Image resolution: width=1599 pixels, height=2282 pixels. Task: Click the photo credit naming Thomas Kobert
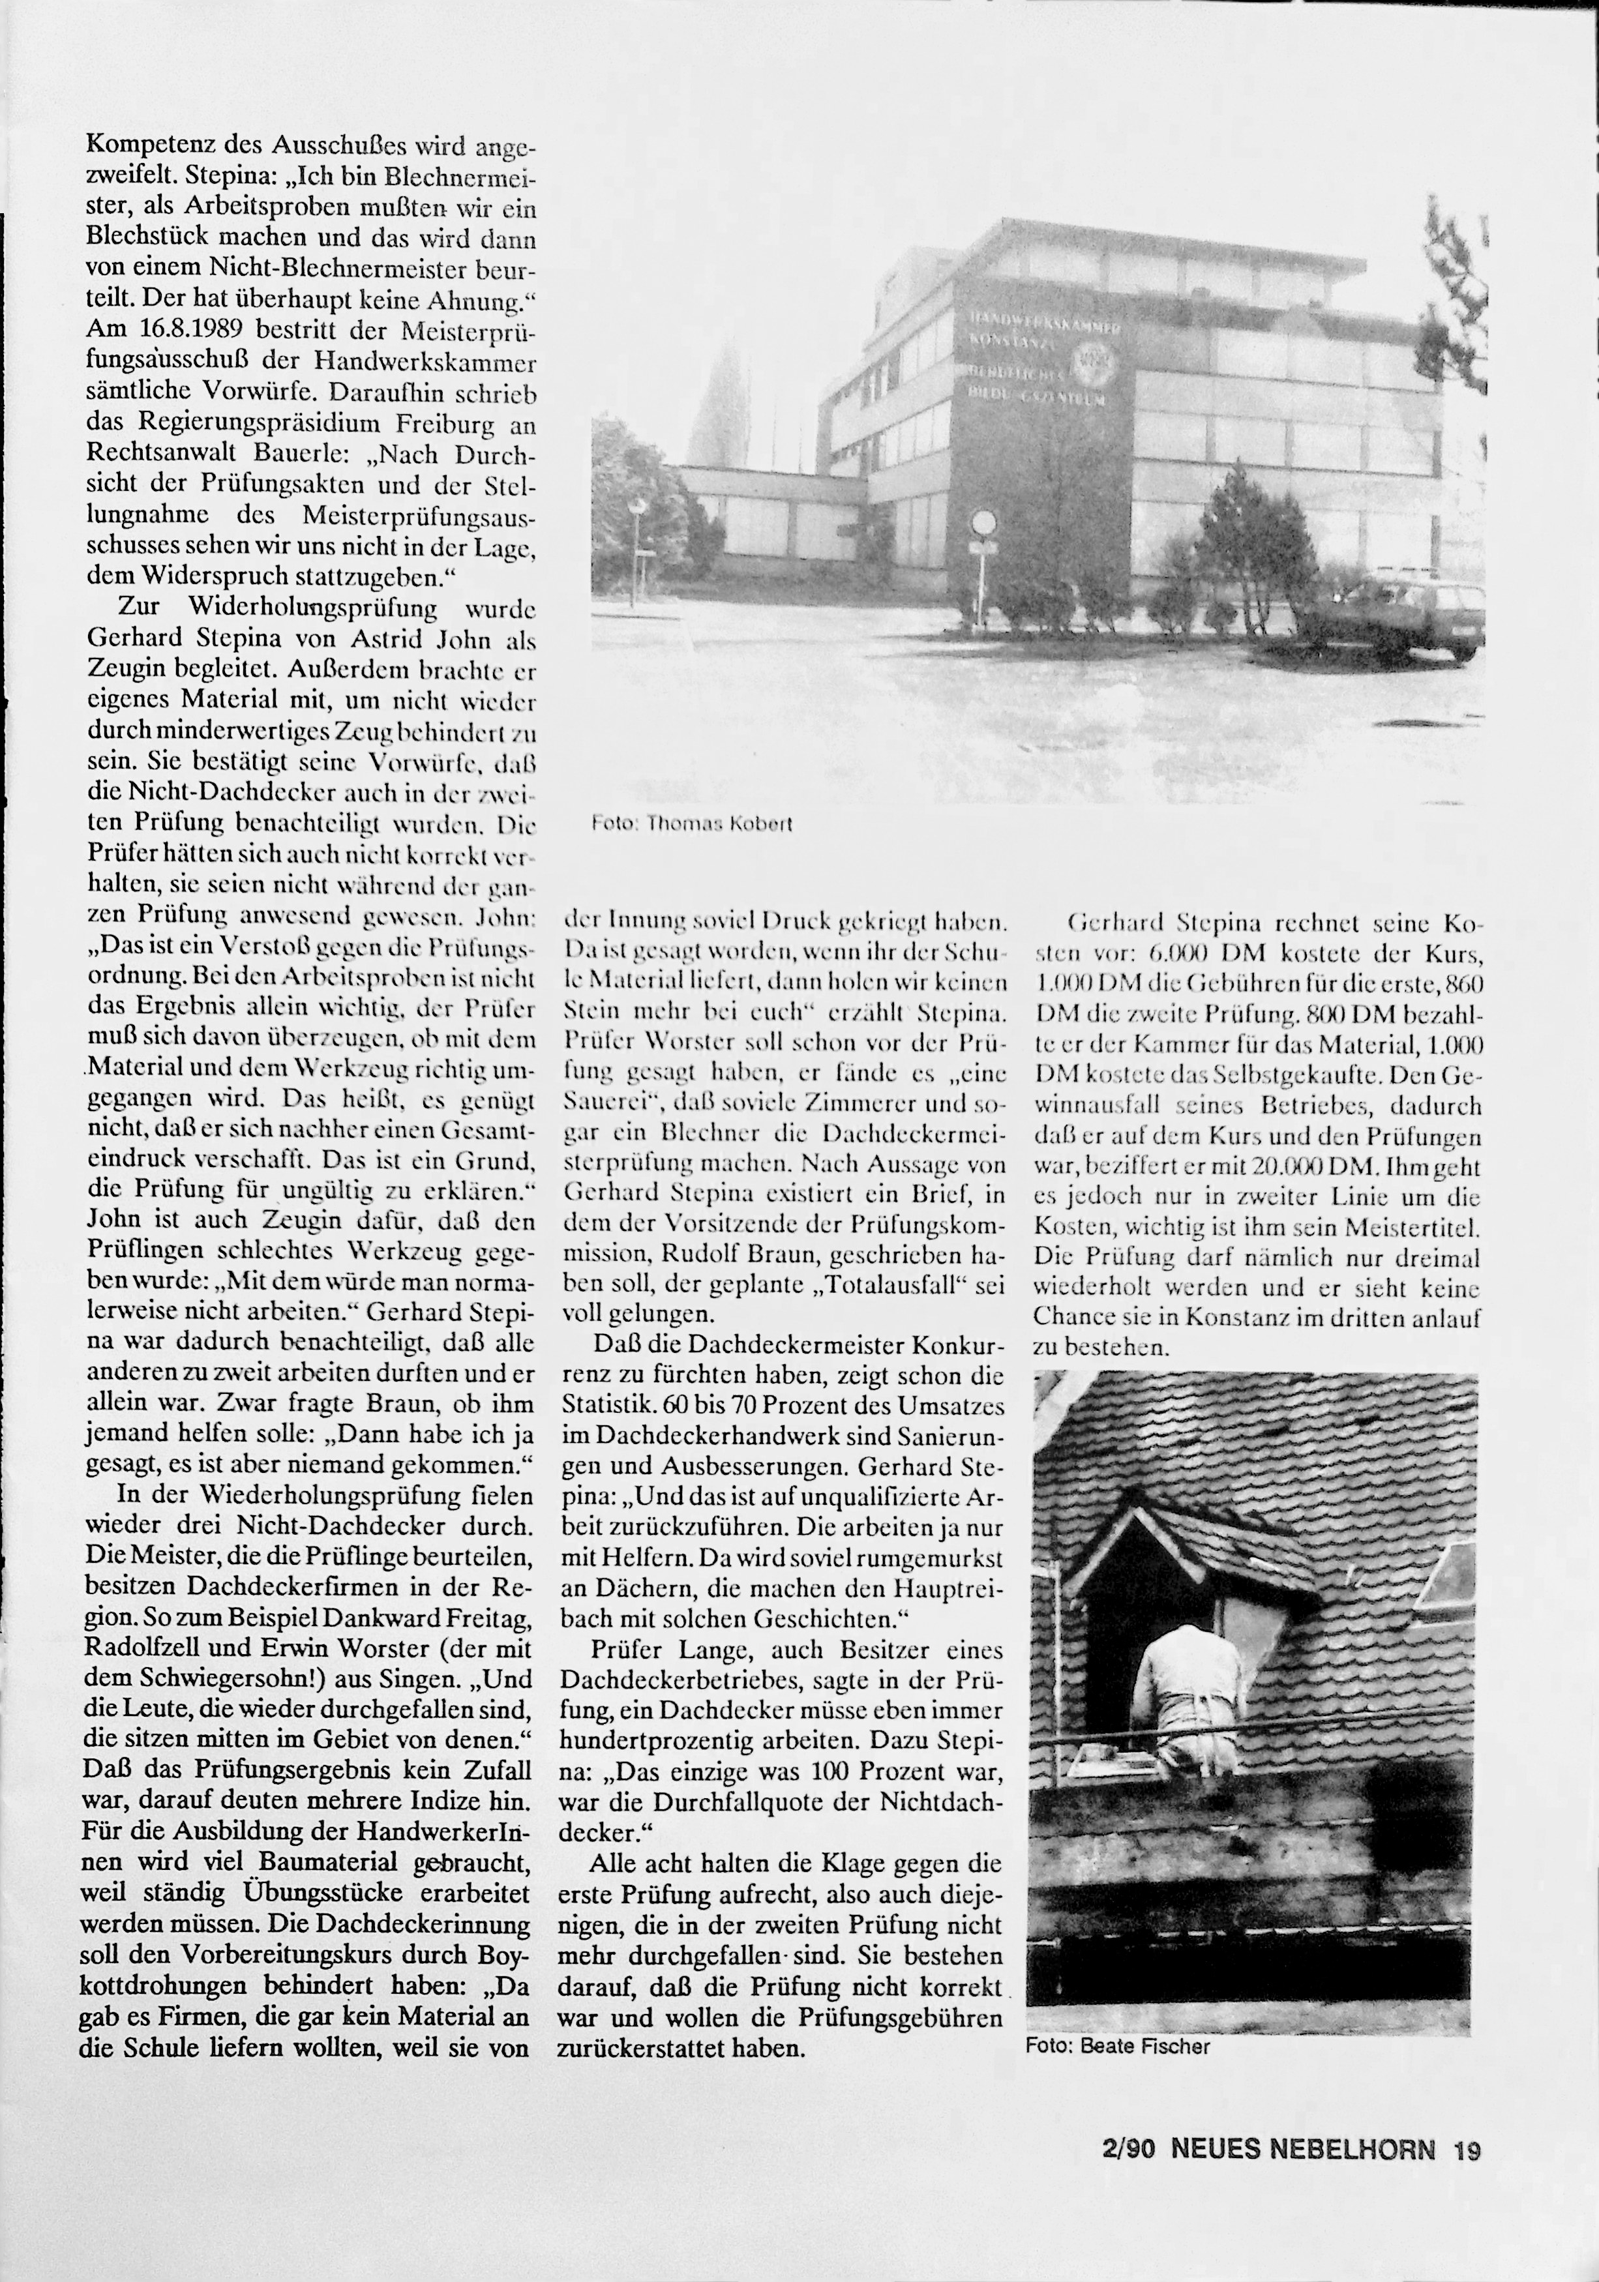692,824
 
